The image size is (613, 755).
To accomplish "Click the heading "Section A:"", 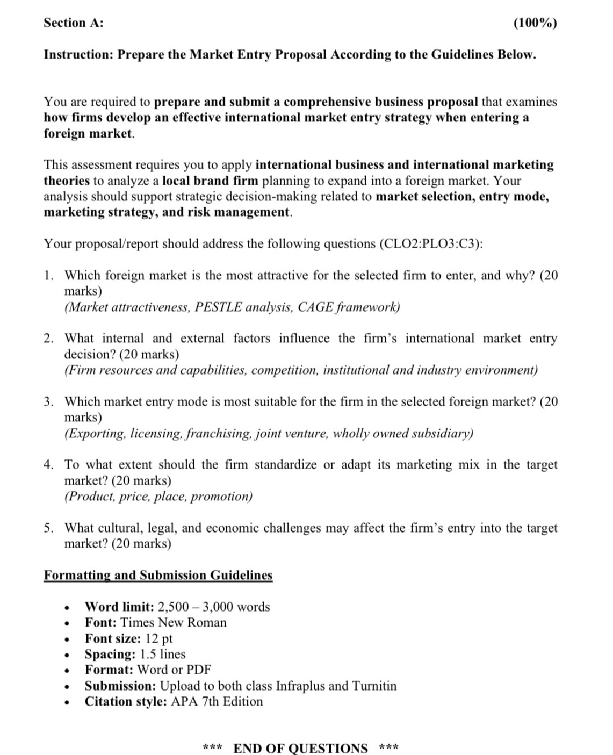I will [73, 23].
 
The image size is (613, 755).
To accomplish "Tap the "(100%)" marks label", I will [535, 23].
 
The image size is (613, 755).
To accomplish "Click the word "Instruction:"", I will [78, 55].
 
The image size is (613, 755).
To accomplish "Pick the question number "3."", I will [49, 402].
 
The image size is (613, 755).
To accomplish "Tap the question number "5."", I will [49, 528].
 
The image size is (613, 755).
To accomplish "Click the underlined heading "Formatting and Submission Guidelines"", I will [158, 576].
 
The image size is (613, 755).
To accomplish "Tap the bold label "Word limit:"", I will [119, 607].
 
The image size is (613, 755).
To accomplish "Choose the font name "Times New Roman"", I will [174, 623].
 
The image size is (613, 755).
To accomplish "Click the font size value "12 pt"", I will [159, 639].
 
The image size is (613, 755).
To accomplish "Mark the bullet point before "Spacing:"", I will [67, 656].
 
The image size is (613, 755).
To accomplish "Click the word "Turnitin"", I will [374, 686].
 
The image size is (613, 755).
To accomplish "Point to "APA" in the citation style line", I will [184, 702].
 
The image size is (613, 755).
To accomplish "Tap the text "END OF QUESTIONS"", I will [300, 748].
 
